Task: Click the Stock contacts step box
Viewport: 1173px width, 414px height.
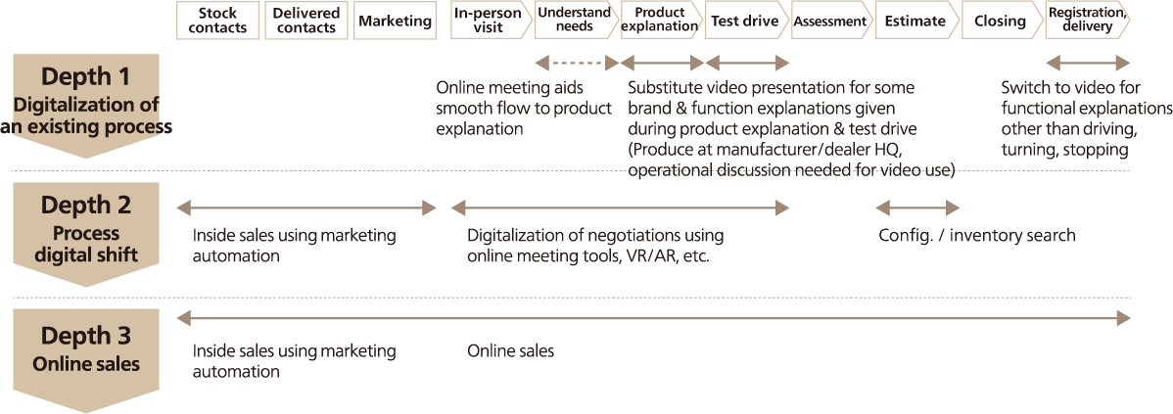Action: click(x=217, y=21)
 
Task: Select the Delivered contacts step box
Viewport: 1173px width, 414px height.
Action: click(x=306, y=21)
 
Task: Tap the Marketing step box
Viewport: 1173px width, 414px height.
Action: click(x=394, y=21)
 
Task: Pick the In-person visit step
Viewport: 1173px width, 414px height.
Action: click(x=487, y=21)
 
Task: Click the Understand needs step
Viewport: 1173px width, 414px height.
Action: click(x=574, y=21)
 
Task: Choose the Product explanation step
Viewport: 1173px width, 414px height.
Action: click(x=659, y=21)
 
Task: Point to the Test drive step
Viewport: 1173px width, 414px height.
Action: click(x=744, y=21)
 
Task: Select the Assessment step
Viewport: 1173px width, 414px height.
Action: click(x=829, y=21)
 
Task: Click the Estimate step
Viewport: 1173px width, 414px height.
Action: click(x=915, y=21)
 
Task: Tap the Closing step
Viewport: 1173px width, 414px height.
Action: click(x=1000, y=21)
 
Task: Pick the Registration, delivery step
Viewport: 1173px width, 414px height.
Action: click(x=1086, y=21)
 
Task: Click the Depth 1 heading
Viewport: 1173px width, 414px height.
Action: click(x=85, y=77)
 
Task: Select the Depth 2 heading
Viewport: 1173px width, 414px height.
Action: click(x=85, y=206)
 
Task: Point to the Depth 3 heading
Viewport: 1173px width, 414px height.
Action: click(x=85, y=337)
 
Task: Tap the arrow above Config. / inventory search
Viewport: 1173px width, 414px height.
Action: click(x=917, y=207)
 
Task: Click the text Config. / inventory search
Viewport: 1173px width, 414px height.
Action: click(x=976, y=236)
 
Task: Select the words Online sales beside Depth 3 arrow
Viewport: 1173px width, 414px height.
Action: click(x=510, y=350)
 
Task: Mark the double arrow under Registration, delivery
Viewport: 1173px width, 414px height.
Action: click(x=1088, y=64)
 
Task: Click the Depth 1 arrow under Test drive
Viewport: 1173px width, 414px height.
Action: click(x=747, y=64)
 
